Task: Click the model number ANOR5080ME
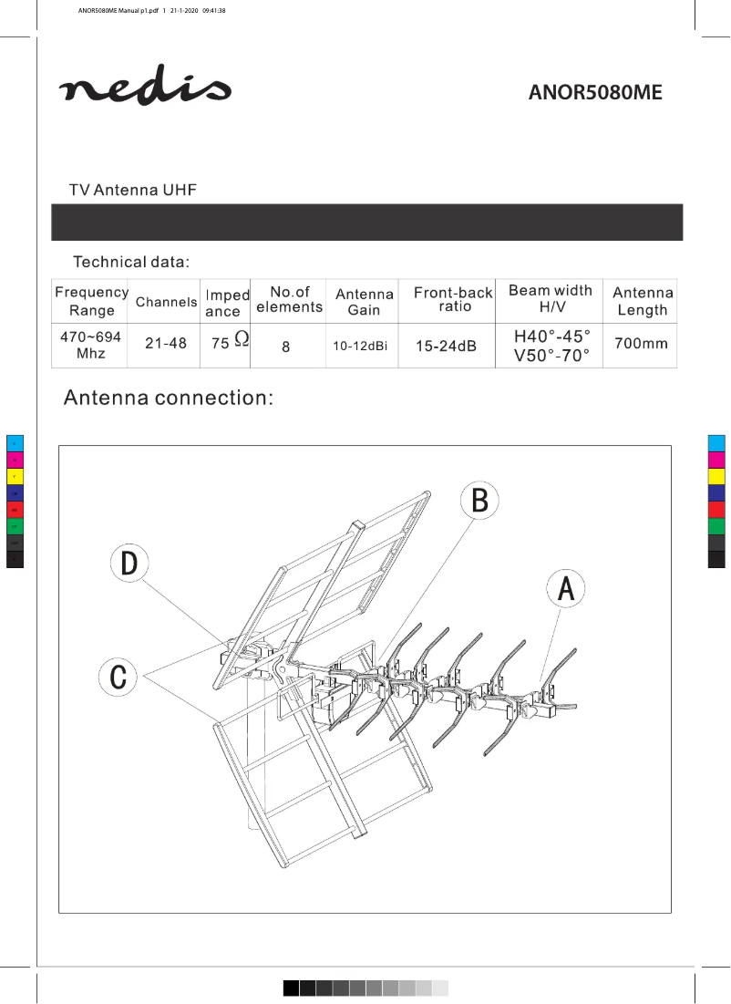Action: tap(595, 93)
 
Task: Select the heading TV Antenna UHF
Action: tap(133, 190)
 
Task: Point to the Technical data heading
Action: tap(131, 263)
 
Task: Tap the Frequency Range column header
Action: tap(91, 301)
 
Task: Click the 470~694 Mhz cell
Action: tap(91, 345)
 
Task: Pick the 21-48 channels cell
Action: tap(165, 344)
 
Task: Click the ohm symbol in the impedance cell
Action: tap(242, 338)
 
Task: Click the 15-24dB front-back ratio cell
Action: tap(446, 347)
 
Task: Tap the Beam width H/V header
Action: tap(550, 299)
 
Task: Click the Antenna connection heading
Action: tap(167, 398)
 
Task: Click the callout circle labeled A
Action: tap(565, 590)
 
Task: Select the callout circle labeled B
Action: tap(479, 501)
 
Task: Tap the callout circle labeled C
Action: tap(118, 677)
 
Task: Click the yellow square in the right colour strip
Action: tap(716, 477)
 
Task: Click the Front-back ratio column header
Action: tap(453, 299)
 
